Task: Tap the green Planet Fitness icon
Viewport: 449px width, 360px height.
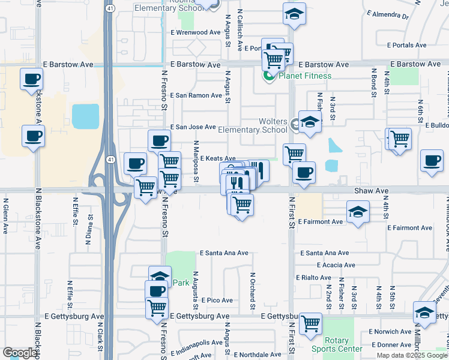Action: click(x=268, y=76)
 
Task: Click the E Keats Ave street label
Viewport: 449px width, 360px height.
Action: click(x=217, y=158)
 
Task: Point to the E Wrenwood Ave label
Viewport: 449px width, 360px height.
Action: click(x=196, y=32)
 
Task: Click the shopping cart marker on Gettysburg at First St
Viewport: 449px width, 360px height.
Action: click(x=310, y=323)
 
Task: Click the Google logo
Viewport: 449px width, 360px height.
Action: click(x=19, y=353)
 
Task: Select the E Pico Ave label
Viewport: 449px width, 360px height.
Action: click(x=217, y=300)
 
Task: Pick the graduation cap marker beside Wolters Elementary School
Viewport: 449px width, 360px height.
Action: click(x=310, y=122)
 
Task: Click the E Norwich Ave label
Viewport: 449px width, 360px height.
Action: click(x=390, y=332)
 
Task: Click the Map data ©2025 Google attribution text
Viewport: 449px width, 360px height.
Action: click(x=411, y=355)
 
